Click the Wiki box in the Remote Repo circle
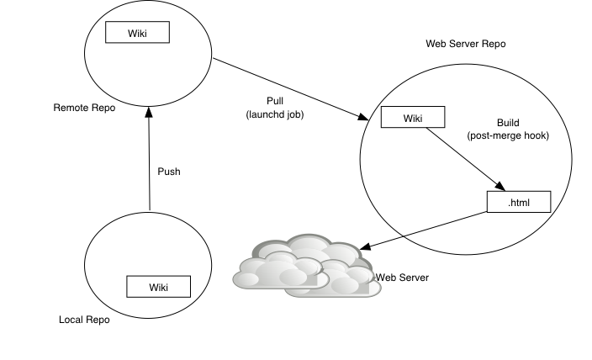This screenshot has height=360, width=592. tap(137, 32)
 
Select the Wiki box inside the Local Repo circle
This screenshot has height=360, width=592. tap(158, 287)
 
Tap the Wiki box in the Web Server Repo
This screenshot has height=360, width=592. tap(413, 117)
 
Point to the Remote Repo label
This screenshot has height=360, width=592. tap(84, 108)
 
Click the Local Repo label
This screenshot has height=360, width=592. tap(84, 320)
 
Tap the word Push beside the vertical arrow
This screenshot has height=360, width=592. tap(169, 172)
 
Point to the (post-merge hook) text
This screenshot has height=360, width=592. tap(507, 135)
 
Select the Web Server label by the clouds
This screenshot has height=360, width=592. tap(402, 277)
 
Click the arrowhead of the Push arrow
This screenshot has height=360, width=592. tap(149, 110)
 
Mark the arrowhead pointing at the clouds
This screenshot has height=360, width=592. tap(362, 247)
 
